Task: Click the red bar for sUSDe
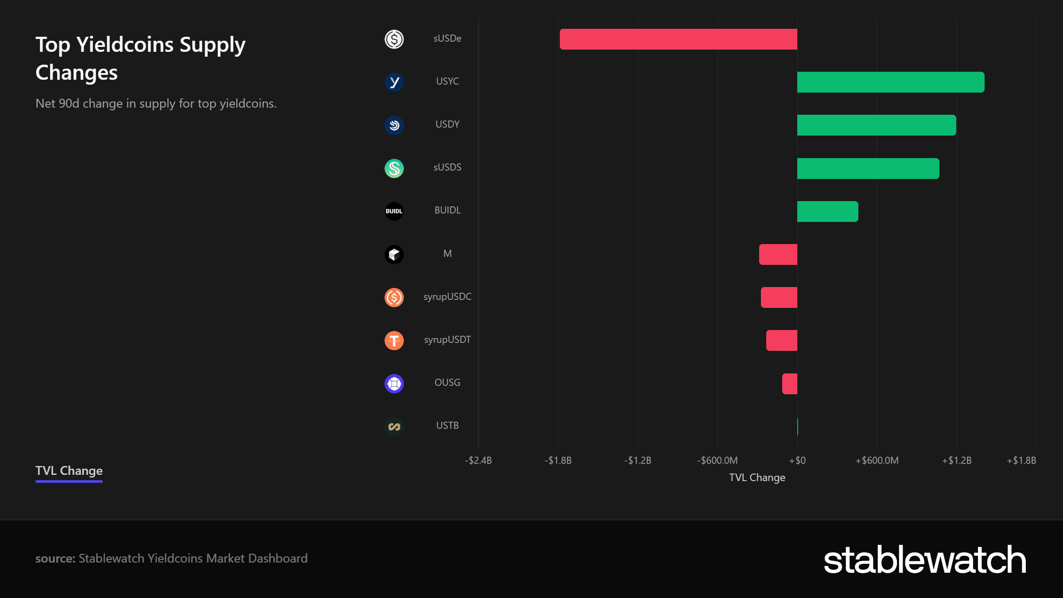(679, 39)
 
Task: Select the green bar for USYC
(891, 82)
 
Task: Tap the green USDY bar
(877, 125)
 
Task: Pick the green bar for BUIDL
(828, 211)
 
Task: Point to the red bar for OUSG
(790, 384)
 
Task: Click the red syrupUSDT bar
(782, 340)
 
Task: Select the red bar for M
(778, 254)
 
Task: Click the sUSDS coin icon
(394, 168)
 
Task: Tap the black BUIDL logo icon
(394, 211)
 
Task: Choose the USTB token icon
(394, 427)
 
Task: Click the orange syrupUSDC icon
(394, 297)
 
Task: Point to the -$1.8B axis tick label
(558, 460)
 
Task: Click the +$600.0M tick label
(877, 460)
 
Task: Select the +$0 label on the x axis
(797, 460)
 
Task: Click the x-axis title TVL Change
(757, 478)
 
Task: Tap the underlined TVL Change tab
(69, 471)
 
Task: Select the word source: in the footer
(55, 559)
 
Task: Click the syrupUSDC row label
(447, 297)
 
